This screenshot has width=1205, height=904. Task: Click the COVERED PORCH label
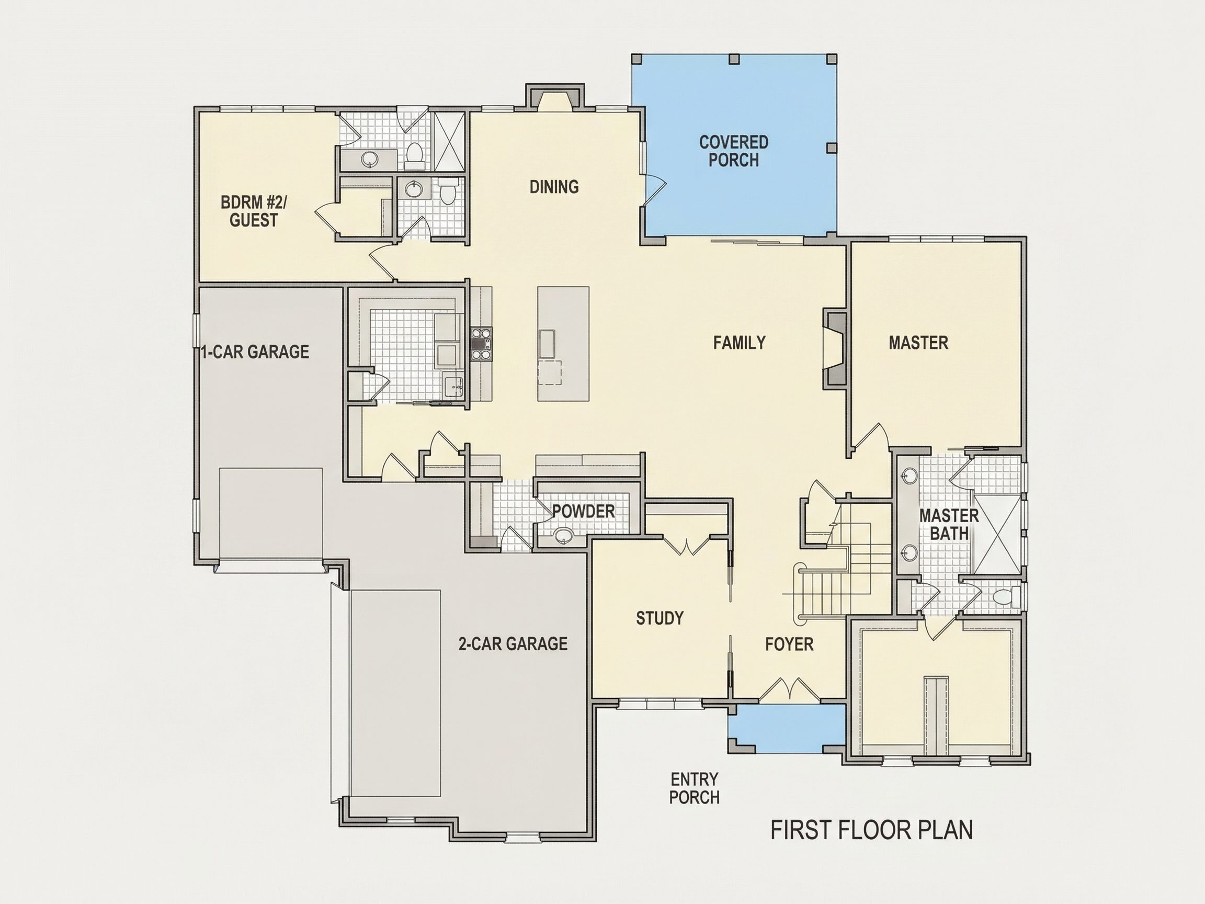coord(734,151)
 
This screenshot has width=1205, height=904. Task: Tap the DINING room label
coord(554,187)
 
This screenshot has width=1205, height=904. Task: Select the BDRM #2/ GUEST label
coord(253,211)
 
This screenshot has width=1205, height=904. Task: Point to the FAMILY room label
coord(739,342)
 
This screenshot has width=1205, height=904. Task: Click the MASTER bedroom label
coord(918,342)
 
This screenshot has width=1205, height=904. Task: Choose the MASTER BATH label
coord(949,524)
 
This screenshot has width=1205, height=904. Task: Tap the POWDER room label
coord(584,511)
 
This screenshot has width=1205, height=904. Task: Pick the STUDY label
coord(660,618)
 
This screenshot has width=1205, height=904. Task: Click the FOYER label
coord(789,644)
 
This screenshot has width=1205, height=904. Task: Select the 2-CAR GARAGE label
coord(513,643)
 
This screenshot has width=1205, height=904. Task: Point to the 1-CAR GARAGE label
coord(255,352)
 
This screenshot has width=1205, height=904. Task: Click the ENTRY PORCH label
coord(694,788)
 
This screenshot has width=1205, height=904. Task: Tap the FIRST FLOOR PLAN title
coord(872,830)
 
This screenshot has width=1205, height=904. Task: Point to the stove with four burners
coord(481,344)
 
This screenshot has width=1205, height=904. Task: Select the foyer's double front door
coord(789,689)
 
